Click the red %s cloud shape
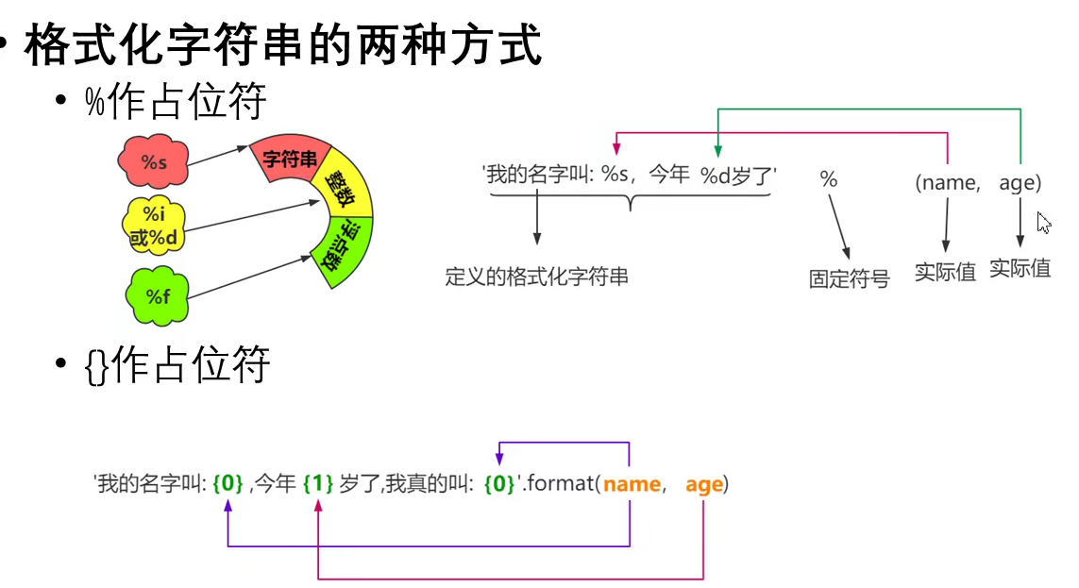(x=155, y=162)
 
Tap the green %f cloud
(x=158, y=297)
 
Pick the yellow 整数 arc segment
(x=344, y=193)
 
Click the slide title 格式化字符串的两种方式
(x=283, y=44)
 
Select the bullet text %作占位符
(x=176, y=101)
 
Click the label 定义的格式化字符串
(x=536, y=277)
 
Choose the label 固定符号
(x=849, y=279)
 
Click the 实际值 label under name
(x=945, y=273)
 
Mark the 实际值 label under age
(x=1020, y=268)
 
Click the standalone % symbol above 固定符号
(x=828, y=179)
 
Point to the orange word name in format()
(x=632, y=485)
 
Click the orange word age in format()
(x=704, y=485)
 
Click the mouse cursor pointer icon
(x=1042, y=223)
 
